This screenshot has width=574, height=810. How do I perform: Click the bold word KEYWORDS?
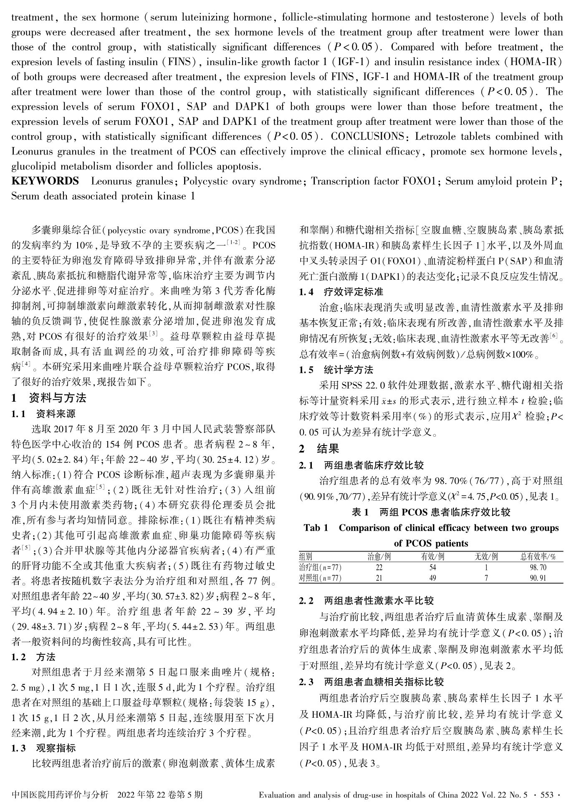45,181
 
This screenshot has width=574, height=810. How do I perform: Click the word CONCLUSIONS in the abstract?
367,137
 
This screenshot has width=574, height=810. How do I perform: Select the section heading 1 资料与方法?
49,398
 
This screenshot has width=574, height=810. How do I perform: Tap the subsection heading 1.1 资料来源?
44,414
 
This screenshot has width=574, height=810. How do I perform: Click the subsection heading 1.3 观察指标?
44,748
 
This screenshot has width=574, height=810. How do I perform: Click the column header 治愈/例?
379,556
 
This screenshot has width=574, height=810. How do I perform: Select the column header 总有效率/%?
538,556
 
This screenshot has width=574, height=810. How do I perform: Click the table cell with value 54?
432,567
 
